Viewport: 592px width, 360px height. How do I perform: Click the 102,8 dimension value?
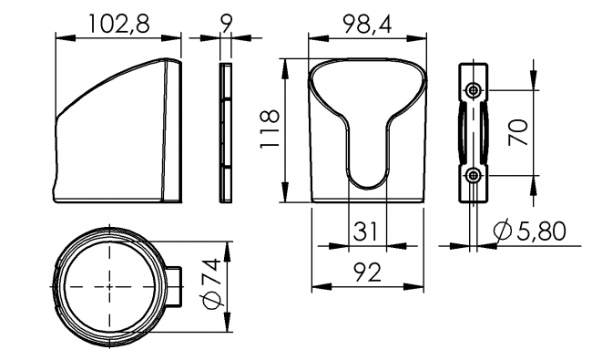118,24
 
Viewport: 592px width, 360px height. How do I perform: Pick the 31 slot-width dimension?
366,232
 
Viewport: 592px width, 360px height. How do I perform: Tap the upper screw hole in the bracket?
473,90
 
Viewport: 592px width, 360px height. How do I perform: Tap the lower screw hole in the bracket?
473,174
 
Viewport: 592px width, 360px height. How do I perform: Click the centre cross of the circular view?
110,286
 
